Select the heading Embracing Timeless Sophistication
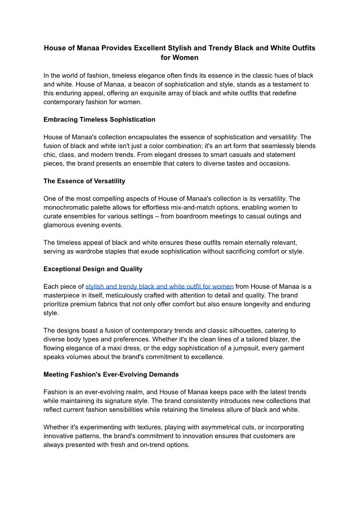click(x=99, y=120)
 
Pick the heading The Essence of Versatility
click(x=84, y=181)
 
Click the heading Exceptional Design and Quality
click(x=93, y=269)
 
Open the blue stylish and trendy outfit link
click(x=159, y=286)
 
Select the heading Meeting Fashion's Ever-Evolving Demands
click(x=111, y=374)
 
